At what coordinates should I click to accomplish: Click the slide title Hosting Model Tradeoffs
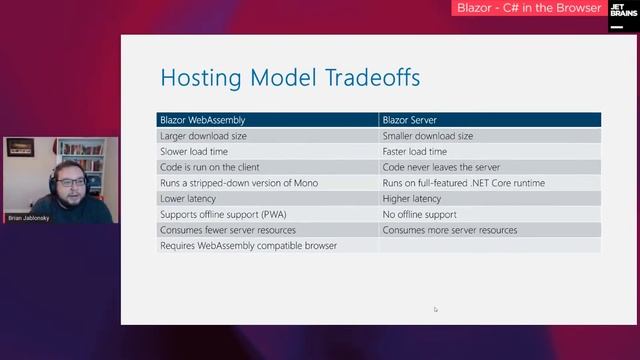(x=290, y=77)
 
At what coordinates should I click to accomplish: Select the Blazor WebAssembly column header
(x=202, y=120)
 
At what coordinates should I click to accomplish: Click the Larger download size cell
(x=203, y=136)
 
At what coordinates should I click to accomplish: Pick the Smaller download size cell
(x=428, y=136)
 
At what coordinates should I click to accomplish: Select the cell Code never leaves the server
(x=441, y=167)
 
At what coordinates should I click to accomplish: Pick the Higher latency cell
(x=413, y=198)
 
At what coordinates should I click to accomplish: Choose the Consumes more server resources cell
(x=450, y=230)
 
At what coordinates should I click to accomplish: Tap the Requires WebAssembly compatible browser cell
(x=248, y=245)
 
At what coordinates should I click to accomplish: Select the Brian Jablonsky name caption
(x=29, y=217)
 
